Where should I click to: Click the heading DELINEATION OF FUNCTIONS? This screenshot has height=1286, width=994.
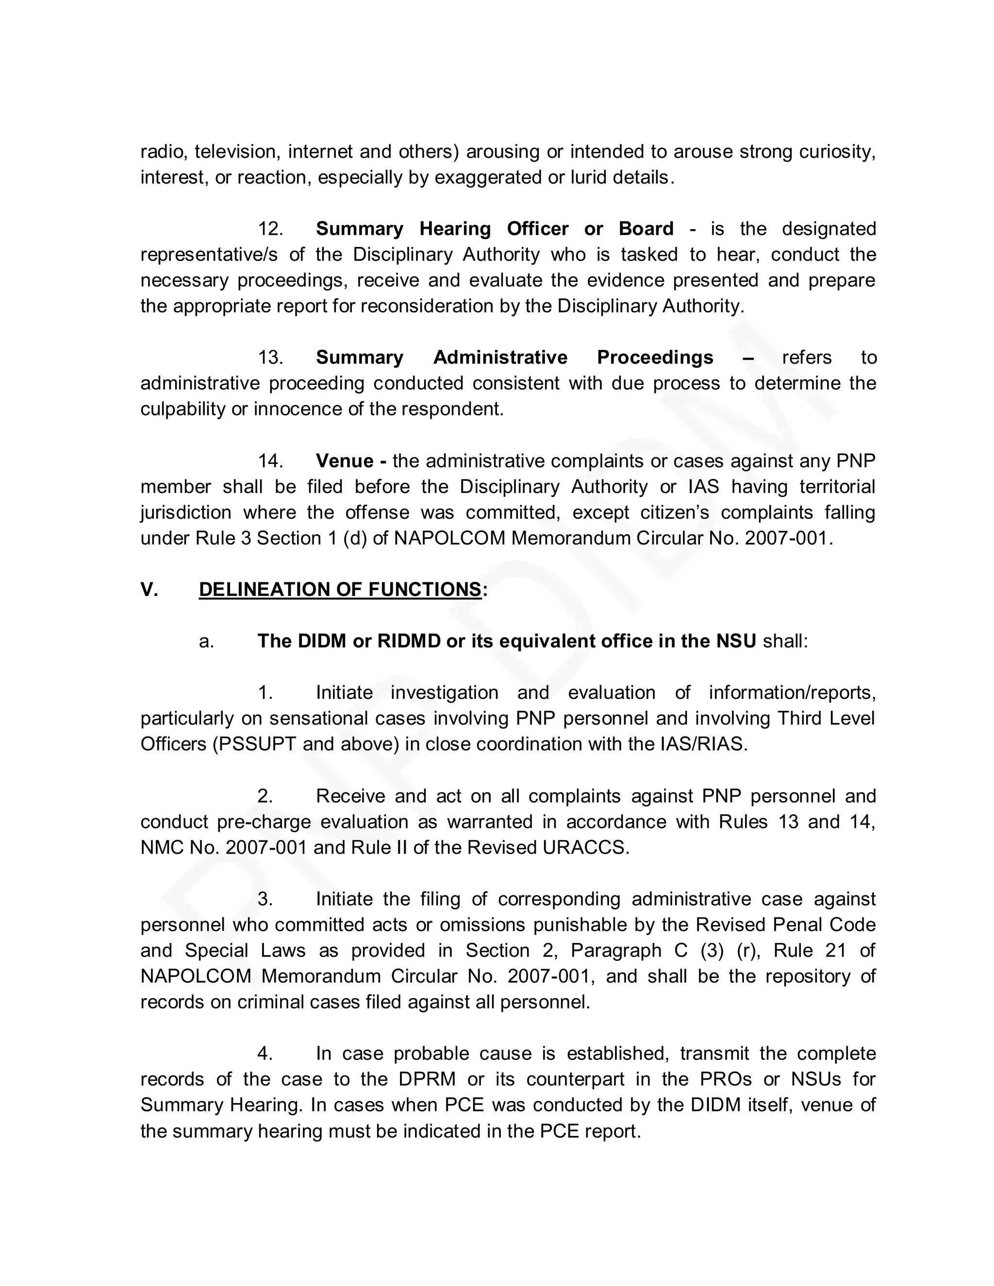coord(340,590)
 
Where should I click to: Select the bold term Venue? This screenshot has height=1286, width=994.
coord(345,461)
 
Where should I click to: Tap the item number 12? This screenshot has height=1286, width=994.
coord(270,229)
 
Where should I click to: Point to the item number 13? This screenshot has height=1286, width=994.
coord(270,358)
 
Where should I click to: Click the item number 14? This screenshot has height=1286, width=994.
coord(270,461)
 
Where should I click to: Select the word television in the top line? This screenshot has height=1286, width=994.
coord(236,152)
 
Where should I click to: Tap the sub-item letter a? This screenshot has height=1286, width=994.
coord(207,641)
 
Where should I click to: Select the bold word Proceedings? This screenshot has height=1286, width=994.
coord(655,358)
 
